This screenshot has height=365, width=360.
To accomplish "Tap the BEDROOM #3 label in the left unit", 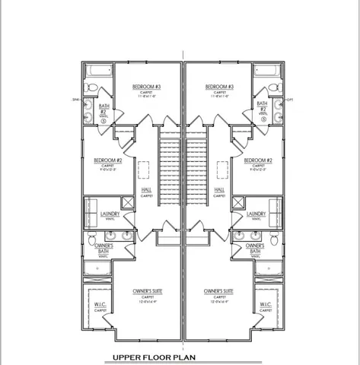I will point(145,87).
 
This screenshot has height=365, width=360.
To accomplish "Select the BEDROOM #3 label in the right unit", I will point(219,87).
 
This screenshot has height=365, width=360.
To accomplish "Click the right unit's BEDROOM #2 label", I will point(259,160).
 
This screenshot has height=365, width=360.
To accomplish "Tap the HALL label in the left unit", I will point(145,189).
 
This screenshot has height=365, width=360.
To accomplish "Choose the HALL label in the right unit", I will point(219,189).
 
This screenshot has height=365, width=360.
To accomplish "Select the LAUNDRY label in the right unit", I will point(256,214).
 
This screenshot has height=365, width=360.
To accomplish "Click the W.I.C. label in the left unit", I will point(100,306).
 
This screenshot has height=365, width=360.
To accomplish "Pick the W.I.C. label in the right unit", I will point(266,306).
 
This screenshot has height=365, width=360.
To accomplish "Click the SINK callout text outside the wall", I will point(76,100).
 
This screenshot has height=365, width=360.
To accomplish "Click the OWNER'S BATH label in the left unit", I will point(104,249).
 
